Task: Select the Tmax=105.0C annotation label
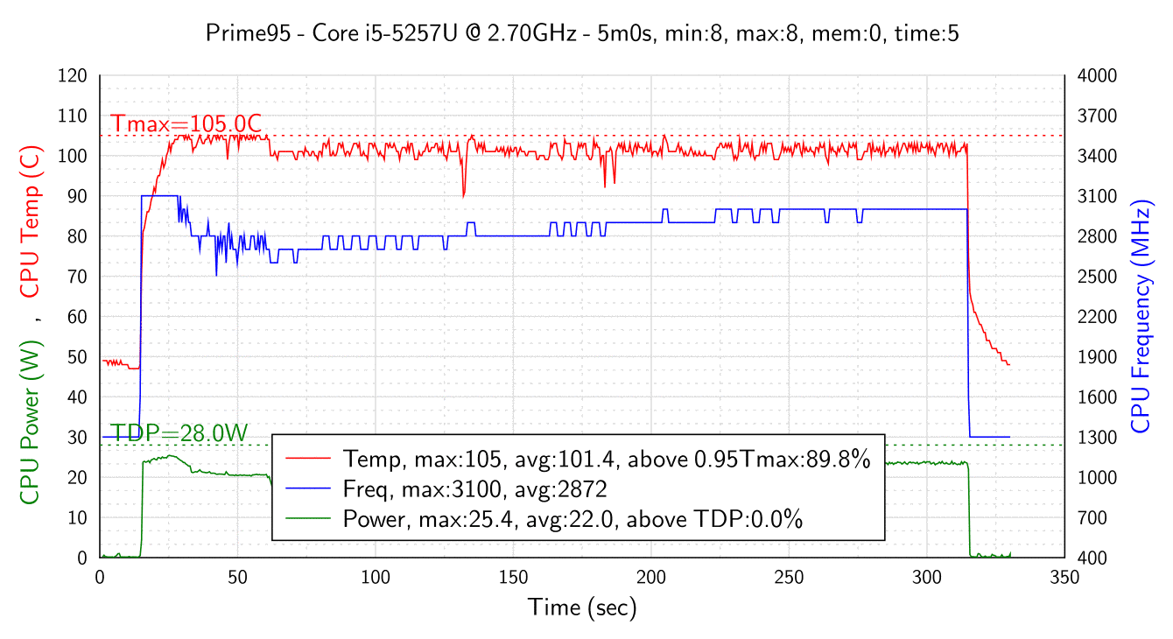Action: pyautogui.click(x=186, y=124)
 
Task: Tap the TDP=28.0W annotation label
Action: pyautogui.click(x=179, y=433)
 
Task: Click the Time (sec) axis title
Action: pyautogui.click(x=582, y=607)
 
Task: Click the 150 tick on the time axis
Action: pyautogui.click(x=513, y=577)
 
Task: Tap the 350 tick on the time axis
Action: pyautogui.click(x=1064, y=577)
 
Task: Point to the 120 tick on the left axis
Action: pyautogui.click(x=74, y=76)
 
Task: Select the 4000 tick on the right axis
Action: pyautogui.click(x=1097, y=76)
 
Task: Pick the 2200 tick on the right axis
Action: pyautogui.click(x=1097, y=317)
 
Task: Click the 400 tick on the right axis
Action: pyautogui.click(x=1093, y=558)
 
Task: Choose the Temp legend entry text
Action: pyautogui.click(x=607, y=459)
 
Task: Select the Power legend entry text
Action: pyautogui.click(x=573, y=519)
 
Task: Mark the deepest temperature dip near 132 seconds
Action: pyautogui.click(x=464, y=196)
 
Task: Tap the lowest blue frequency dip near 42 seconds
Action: pyautogui.click(x=216, y=276)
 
